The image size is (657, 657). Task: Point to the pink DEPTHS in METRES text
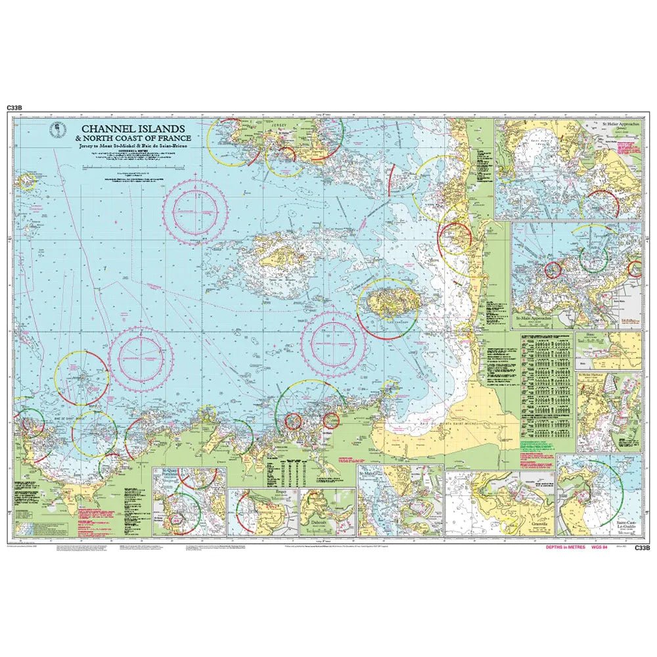click(564, 547)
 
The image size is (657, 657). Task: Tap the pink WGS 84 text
click(600, 547)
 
